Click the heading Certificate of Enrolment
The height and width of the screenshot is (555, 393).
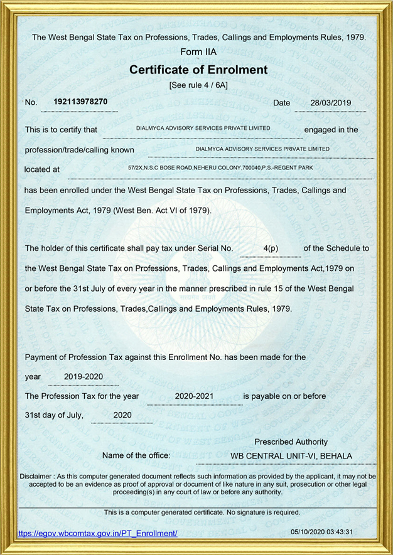coord(198,70)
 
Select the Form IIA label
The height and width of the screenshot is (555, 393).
coord(198,52)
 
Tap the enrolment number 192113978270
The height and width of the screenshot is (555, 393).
coord(80,102)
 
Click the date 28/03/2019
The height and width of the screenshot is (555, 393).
coord(331,103)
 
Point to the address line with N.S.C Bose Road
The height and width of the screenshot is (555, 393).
coord(220,168)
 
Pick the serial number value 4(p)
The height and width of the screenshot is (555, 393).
coord(271,249)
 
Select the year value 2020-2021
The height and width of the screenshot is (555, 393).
coord(195,396)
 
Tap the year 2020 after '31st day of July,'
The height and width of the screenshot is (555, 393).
coord(122,415)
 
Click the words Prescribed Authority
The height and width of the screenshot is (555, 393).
coord(291,442)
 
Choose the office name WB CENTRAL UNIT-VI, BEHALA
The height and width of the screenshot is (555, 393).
coord(291,456)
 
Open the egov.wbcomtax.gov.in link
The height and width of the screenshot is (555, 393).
coord(98,534)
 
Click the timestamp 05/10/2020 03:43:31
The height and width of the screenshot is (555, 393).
coord(322,532)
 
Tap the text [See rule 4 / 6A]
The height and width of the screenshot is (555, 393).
coord(198,85)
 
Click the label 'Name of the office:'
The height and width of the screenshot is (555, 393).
coord(136,456)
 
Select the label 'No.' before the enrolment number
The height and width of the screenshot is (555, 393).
coord(31,103)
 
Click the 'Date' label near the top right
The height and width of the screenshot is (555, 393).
coord(282,103)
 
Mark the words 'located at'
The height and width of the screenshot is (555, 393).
coord(42,169)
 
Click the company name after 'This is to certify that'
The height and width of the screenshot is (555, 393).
coord(203,128)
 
